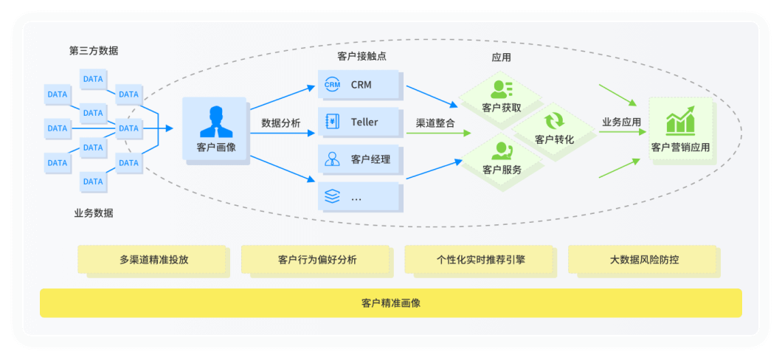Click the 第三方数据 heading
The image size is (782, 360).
coord(94,51)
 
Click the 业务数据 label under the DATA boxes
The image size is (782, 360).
coord(94,213)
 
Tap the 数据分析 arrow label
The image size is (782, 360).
coord(280,123)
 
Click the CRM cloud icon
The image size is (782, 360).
coord(333,85)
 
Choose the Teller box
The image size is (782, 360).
coord(360,122)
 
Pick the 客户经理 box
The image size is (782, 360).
coord(360,159)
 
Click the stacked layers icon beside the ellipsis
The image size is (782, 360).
coord(333,196)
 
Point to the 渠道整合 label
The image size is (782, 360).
coord(435,123)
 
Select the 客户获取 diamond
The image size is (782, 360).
coord(502,99)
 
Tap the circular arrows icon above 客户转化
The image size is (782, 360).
coord(554,120)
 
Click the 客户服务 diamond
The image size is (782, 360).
coord(502,159)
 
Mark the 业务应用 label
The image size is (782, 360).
coord(621,122)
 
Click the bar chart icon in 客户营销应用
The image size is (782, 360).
coord(680,122)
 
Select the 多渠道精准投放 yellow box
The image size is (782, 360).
coord(151,260)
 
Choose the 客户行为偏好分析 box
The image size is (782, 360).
coord(315,260)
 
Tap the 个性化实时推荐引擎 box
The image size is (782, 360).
coord(479,260)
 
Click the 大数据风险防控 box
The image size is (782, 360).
coord(642,260)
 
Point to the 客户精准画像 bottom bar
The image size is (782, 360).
coord(391,303)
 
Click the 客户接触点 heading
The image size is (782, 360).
coord(362,57)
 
